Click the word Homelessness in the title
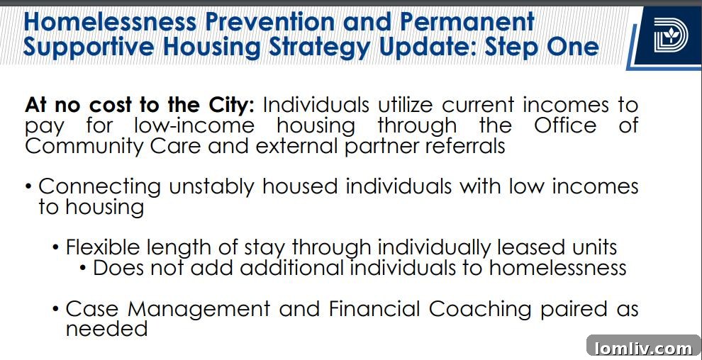point(109,22)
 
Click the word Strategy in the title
point(323,47)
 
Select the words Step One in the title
point(542,47)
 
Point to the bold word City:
point(229,105)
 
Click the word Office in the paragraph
point(565,125)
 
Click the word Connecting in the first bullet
point(99,187)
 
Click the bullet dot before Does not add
point(84,268)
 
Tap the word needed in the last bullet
point(106,329)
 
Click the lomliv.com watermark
point(644,347)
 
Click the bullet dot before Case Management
point(56,309)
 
